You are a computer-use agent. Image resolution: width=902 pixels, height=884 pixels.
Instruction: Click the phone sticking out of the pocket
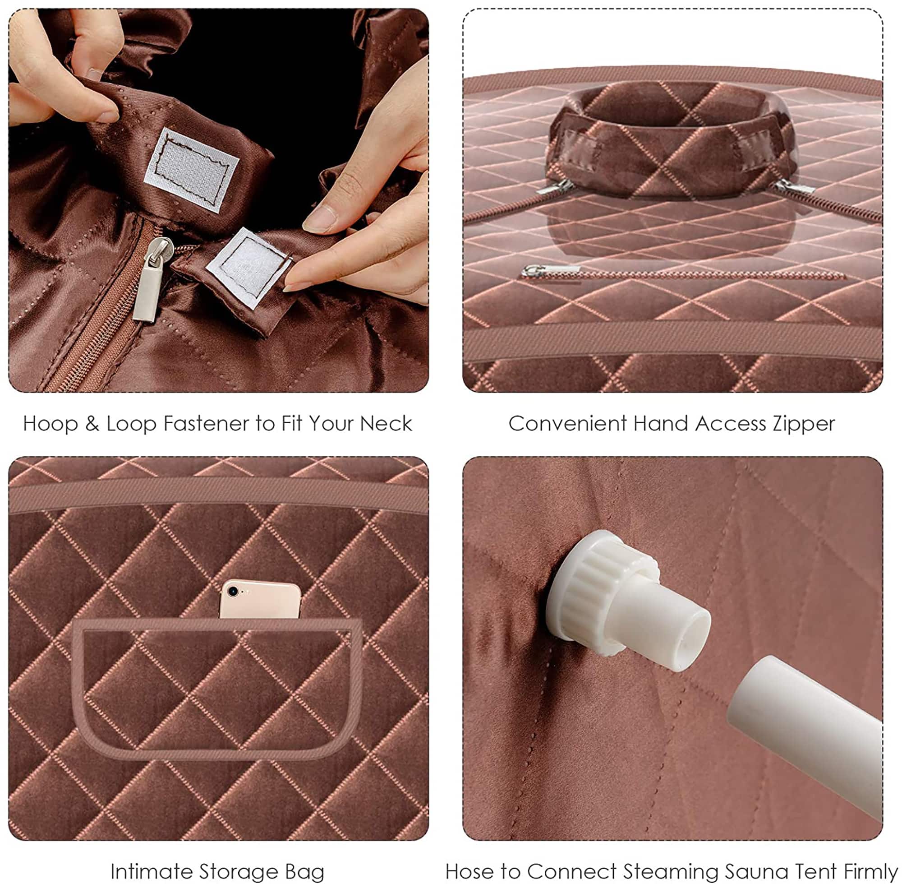click(x=260, y=601)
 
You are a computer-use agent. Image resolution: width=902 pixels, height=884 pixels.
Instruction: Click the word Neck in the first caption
click(x=386, y=424)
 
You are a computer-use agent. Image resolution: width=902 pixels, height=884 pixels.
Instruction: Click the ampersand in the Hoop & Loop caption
click(x=92, y=424)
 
